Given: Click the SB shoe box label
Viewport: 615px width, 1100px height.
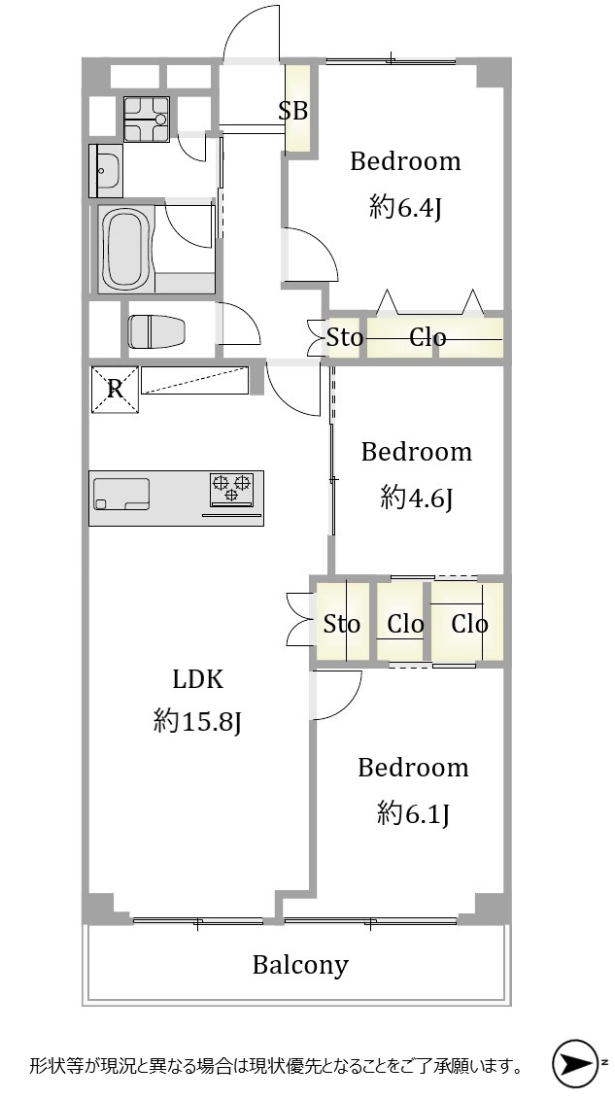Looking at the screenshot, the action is pos(293,111).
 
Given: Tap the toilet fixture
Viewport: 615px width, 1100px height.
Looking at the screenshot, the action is pos(156,331).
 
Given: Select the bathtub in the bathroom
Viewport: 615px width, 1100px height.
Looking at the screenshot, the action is pos(126,249).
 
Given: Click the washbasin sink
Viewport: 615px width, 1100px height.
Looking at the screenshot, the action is pos(106,170).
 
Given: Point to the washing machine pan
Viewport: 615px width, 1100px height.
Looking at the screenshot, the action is pos(147,120).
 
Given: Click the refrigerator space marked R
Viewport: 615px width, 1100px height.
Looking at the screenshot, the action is pos(115,390).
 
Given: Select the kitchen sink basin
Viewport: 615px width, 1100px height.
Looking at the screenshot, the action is pos(122,494).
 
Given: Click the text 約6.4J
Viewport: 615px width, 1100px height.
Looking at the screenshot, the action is pos(404,208).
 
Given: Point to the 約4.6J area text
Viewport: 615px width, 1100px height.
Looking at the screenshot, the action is pos(415,498).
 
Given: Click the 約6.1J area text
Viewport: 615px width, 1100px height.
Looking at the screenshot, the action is pos(412,813).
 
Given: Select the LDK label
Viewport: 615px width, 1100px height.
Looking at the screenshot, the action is pos(198,679).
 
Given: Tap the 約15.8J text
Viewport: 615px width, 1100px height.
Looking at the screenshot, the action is pos(198,721).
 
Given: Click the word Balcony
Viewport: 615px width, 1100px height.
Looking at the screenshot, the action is pos(300,965).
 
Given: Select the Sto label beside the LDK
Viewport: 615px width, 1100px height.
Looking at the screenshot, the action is pos(342,623).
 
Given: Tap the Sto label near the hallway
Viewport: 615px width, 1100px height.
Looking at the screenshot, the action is pos(345,338).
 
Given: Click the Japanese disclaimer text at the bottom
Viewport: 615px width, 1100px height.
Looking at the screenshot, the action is pos(276,1067).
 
